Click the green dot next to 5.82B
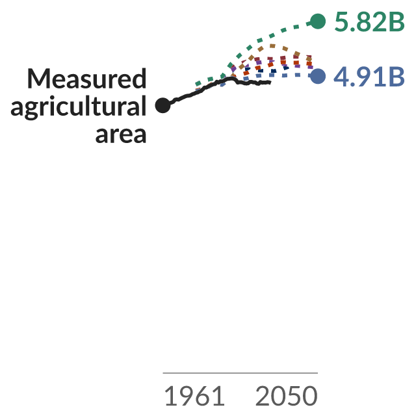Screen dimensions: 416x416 click(318, 21)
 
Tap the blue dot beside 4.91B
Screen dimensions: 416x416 click(318, 76)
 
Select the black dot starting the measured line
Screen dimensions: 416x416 click(162, 105)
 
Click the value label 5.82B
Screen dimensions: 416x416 click(370, 21)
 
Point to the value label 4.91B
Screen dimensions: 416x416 click(369, 77)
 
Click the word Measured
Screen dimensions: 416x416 click(86, 79)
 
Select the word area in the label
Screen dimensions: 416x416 click(121, 135)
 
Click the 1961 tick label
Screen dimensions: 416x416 click(194, 396)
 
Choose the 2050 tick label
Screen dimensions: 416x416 click(286, 396)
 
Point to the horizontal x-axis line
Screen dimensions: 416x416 click(240, 372)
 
